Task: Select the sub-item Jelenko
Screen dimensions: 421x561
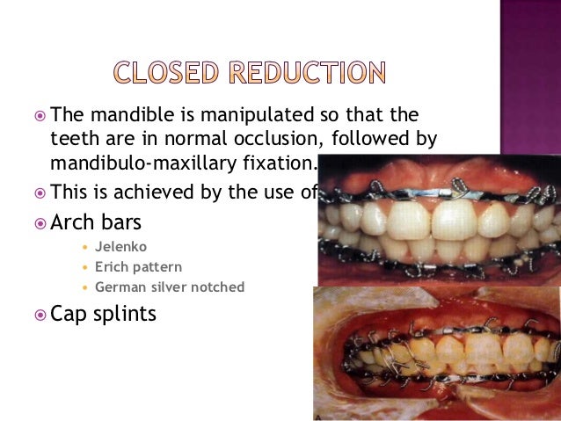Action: pos(121,248)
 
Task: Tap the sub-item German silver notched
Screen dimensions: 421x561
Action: pos(170,287)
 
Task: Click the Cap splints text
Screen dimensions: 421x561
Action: pos(104,314)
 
